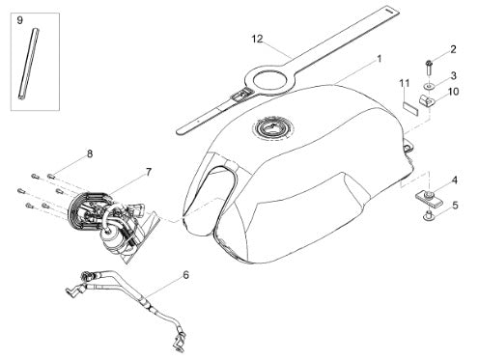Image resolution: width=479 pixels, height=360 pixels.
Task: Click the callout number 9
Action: click(20, 20)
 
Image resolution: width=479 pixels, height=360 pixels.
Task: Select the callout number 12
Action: click(257, 39)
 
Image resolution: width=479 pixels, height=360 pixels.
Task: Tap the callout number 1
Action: click(380, 59)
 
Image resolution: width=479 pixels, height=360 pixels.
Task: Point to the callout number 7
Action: click(148, 172)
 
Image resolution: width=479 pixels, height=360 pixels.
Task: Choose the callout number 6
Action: click(185, 275)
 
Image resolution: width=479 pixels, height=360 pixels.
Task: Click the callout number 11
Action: click(405, 83)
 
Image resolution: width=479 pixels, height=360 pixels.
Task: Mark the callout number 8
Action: click(90, 153)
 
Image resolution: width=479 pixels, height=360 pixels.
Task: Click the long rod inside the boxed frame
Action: click(29, 64)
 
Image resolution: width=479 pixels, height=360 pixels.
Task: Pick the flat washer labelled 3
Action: click(429, 86)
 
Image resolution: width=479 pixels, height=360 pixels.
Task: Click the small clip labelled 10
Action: click(427, 100)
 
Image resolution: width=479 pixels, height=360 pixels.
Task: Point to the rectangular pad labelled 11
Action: click(410, 108)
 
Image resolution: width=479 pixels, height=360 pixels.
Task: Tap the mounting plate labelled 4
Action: click(427, 199)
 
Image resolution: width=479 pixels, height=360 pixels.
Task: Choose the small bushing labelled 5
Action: click(429, 216)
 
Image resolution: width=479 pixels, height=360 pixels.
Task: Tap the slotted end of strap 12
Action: click(390, 11)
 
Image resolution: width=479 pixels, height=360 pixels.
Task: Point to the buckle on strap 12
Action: click(239, 95)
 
